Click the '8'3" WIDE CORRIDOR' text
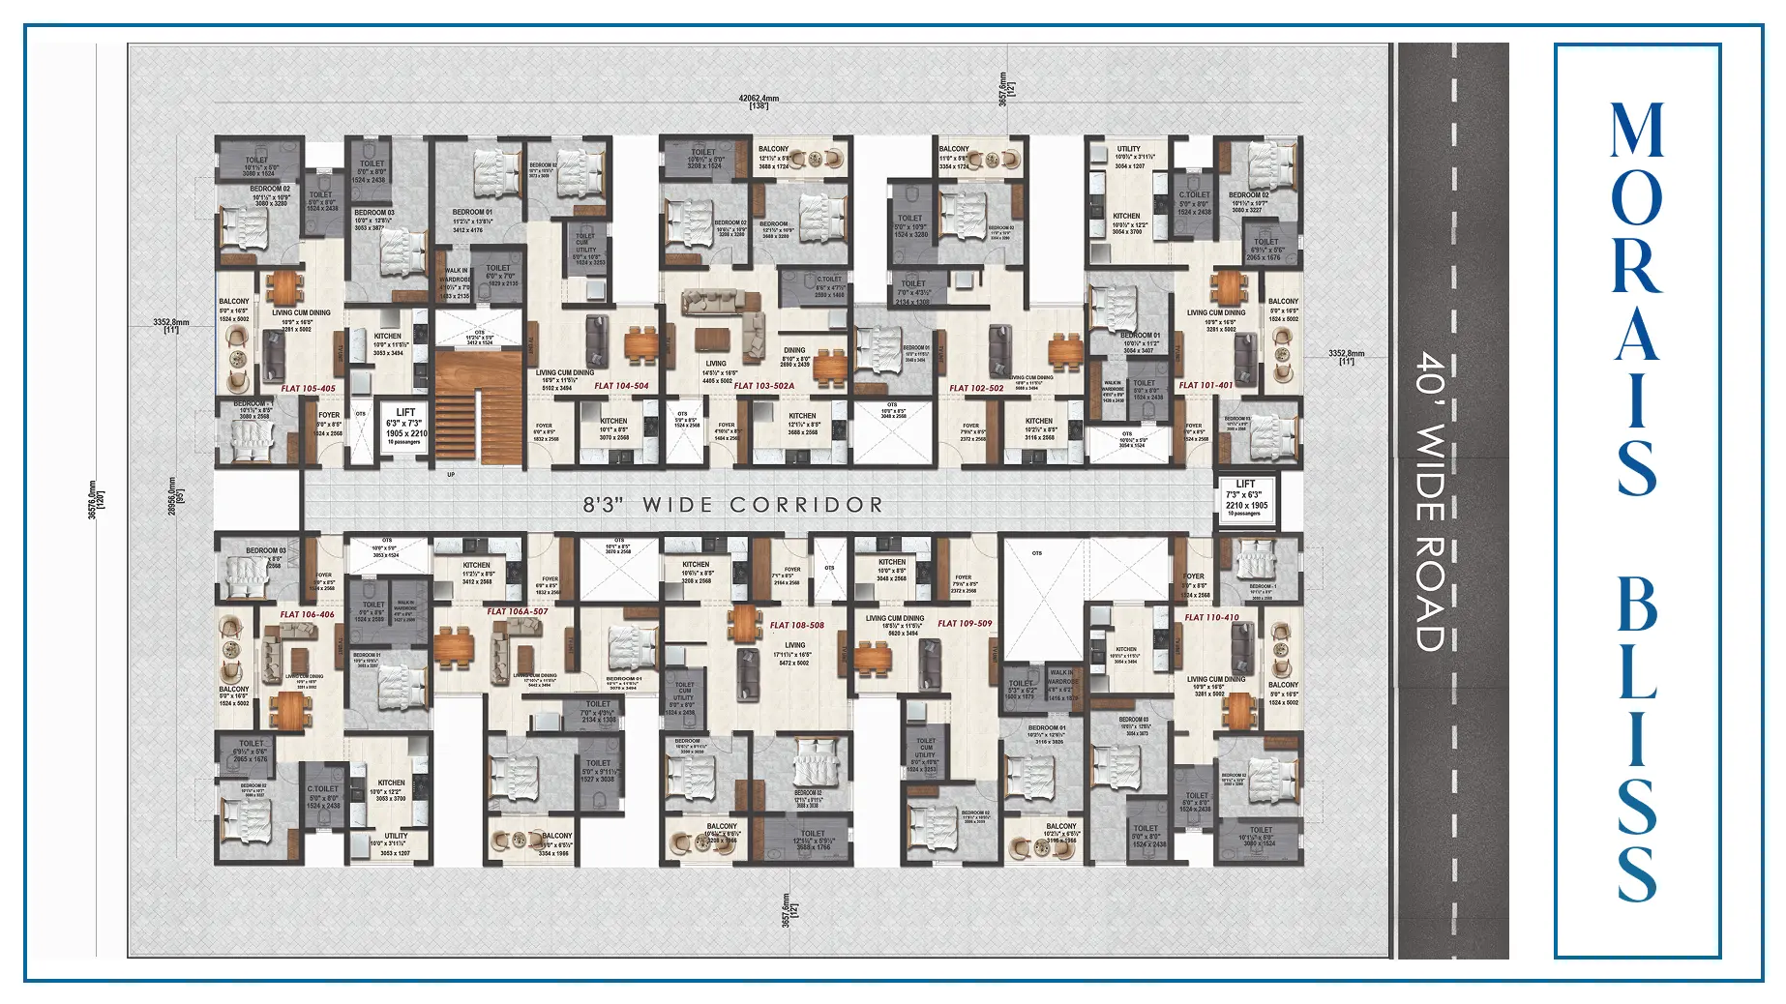tap(733, 505)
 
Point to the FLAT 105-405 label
tap(308, 389)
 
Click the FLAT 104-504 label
tap(621, 386)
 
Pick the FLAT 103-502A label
tap(764, 386)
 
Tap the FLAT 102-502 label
tap(976, 389)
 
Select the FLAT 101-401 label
tap(1206, 385)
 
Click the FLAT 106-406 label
tap(307, 614)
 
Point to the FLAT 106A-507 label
tap(518, 611)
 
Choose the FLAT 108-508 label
tap(797, 625)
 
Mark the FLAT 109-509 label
tap(965, 624)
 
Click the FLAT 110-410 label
tap(1211, 617)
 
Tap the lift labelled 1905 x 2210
tap(406, 427)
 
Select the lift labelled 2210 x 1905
tap(1246, 499)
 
